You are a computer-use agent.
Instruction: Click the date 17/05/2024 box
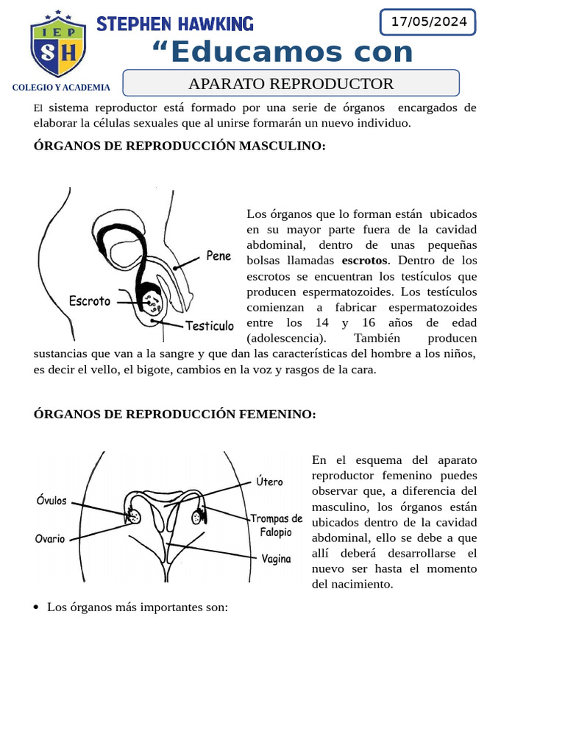click(x=428, y=22)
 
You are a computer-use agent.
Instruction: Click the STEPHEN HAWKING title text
click(x=175, y=24)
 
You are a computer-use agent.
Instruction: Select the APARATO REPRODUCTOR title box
click(x=291, y=83)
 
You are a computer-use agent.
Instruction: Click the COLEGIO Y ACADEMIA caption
click(x=61, y=88)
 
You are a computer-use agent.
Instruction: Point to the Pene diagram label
click(x=218, y=256)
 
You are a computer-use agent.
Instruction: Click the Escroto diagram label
click(x=89, y=301)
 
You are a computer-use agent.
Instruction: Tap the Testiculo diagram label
click(x=210, y=325)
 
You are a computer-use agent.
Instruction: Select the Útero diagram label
click(x=269, y=482)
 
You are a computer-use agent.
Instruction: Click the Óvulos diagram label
click(x=51, y=501)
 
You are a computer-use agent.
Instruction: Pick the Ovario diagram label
click(x=50, y=538)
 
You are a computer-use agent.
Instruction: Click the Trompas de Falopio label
click(x=276, y=525)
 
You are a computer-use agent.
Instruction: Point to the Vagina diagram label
click(x=275, y=559)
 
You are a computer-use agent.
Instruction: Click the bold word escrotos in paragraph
click(x=364, y=261)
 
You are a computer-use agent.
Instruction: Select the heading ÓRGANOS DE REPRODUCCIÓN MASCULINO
click(x=180, y=146)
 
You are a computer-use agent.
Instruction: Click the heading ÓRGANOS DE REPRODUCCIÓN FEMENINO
click(x=175, y=415)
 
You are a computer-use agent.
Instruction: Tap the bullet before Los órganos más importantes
click(x=37, y=608)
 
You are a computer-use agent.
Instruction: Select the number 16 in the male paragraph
click(x=369, y=323)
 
